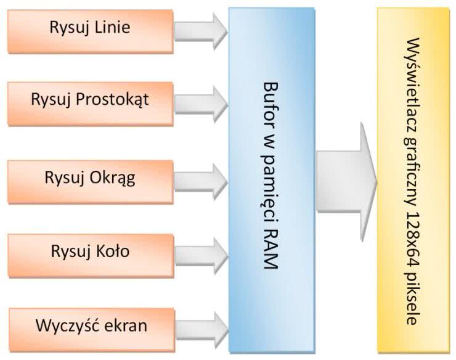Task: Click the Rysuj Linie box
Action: (90, 28)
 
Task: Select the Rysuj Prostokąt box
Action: (90, 100)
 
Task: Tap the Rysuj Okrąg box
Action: (90, 179)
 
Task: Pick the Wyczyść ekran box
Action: (91, 324)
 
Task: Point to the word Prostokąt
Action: (115, 100)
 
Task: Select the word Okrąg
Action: (112, 179)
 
